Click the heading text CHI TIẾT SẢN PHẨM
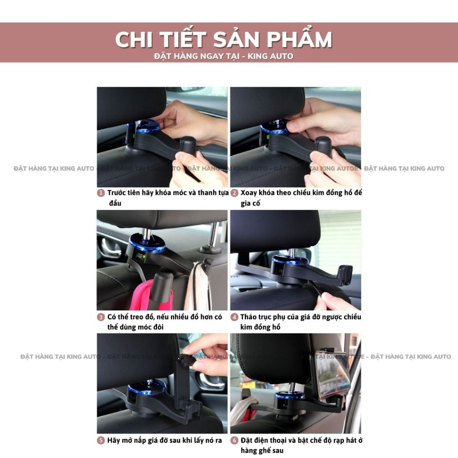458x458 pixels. coord(224,40)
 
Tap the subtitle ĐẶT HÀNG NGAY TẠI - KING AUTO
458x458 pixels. coord(224,56)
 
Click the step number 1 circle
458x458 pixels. coord(101,193)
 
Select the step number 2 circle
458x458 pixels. coord(234,193)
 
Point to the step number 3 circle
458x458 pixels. coord(101,317)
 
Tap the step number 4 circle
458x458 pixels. coord(234,317)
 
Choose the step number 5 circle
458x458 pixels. coord(101,441)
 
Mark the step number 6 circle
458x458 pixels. coord(234,441)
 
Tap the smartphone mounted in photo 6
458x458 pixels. coord(331,373)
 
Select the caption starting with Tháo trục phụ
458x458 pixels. coord(300,322)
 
